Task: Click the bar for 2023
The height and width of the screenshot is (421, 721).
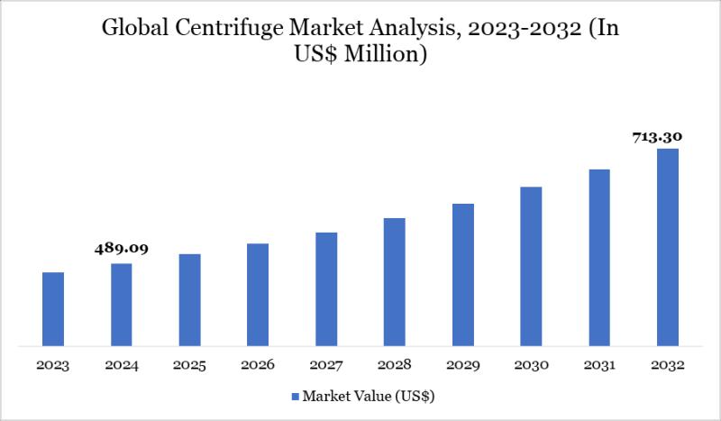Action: pos(53,308)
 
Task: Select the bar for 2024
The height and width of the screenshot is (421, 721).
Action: pos(122,304)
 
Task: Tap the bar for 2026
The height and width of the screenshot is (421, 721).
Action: pos(258,294)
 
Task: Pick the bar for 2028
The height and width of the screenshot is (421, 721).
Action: pos(394,281)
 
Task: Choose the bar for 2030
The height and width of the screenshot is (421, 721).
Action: pos(531,266)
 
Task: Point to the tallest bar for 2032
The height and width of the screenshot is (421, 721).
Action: pos(667,247)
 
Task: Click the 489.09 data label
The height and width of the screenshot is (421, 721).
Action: pos(122,248)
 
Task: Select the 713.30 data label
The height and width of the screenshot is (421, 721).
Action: pos(657,137)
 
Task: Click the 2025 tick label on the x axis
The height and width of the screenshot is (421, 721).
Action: pos(189,365)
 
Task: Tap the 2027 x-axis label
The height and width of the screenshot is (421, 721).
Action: pos(326,365)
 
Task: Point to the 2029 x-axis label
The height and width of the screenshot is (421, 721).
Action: pos(462,365)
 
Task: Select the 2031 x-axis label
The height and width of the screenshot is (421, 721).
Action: pos(599,365)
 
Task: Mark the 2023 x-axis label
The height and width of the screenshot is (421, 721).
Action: pos(53,365)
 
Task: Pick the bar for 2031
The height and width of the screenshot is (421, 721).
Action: pos(599,257)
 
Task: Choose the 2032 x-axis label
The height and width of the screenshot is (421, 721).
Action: pos(667,365)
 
